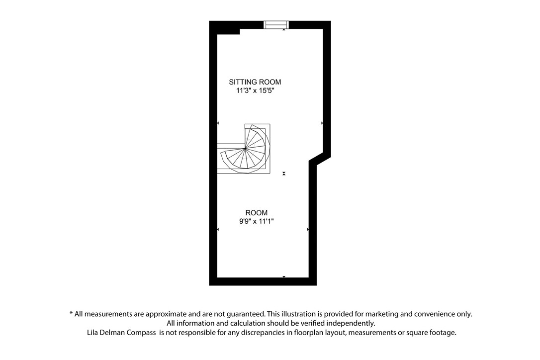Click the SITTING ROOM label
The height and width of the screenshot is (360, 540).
click(x=255, y=82)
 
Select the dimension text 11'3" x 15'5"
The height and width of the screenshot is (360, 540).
click(x=255, y=91)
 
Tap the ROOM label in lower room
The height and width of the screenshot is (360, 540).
click(x=256, y=213)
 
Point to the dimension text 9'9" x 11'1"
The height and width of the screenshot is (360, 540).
click(x=256, y=222)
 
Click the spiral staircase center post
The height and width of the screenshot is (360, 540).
click(x=246, y=148)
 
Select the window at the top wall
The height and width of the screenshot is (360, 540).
click(x=276, y=24)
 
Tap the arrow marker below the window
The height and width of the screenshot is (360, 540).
click(x=284, y=30)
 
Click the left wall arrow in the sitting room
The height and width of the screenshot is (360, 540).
click(x=218, y=123)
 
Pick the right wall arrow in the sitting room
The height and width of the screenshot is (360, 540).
click(x=322, y=123)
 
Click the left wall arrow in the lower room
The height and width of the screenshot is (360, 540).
click(x=218, y=229)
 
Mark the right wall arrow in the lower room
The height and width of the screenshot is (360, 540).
click(x=308, y=229)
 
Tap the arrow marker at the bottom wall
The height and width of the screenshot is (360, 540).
click(x=284, y=276)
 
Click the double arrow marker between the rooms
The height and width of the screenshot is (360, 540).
click(x=284, y=173)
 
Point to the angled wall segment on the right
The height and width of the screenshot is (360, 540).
click(x=320, y=159)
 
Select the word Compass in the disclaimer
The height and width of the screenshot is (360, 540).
click(x=141, y=333)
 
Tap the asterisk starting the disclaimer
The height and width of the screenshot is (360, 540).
click(x=71, y=314)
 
